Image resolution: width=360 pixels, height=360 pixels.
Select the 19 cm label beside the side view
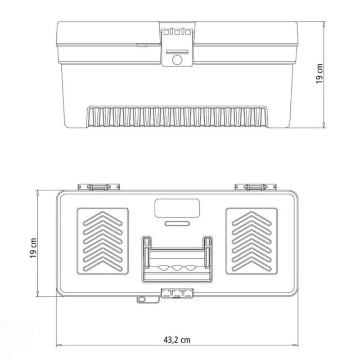click(320, 73)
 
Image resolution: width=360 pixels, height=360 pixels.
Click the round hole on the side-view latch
click(177, 59)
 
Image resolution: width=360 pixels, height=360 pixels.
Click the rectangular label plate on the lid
click(177, 208)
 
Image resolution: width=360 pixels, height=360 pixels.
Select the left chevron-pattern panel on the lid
click(103, 241)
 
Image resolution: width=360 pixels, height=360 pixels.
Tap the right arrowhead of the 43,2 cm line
click(299, 346)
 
